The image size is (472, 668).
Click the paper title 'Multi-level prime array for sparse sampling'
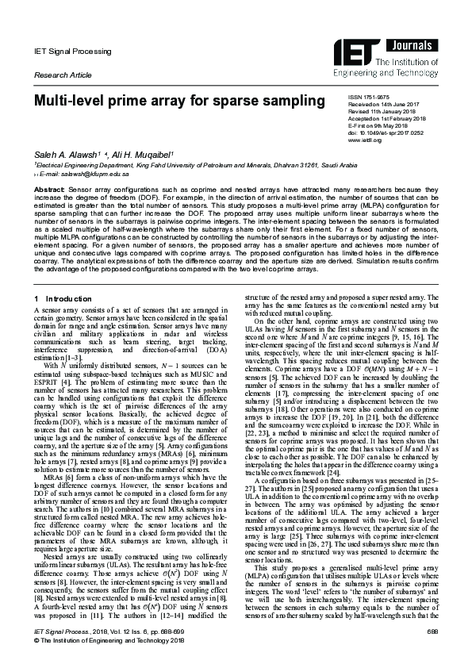click(168, 102)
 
